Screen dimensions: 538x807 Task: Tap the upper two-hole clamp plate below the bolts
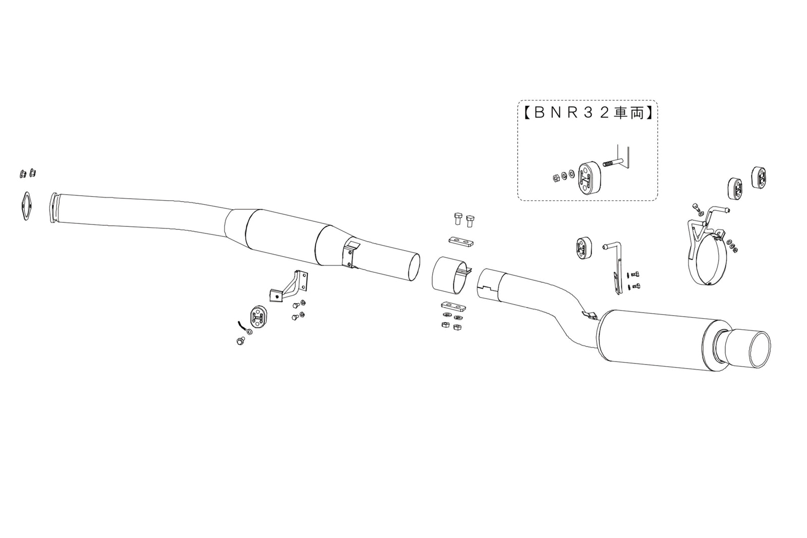point(460,241)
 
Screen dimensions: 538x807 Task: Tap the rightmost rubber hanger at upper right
point(761,178)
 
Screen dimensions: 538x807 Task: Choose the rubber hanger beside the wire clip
point(258,317)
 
